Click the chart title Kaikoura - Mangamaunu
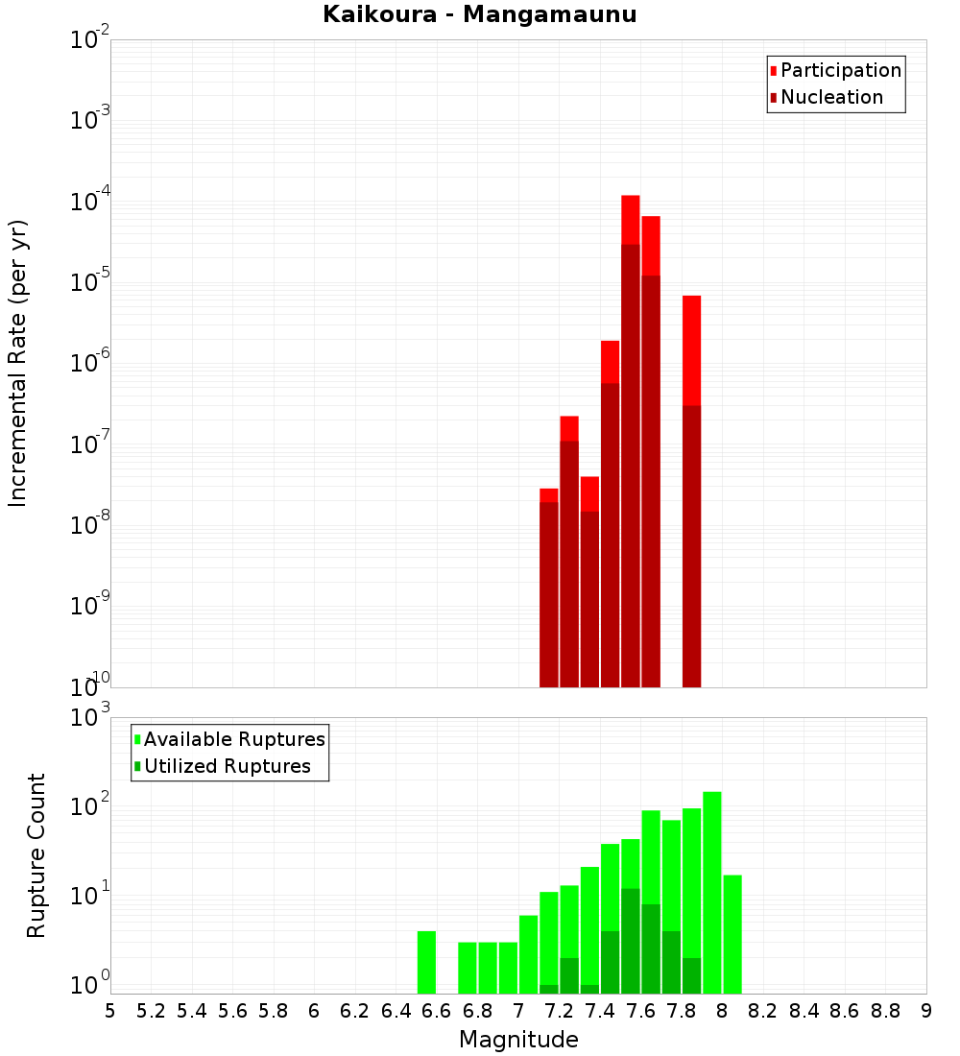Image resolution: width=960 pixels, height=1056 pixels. point(480,15)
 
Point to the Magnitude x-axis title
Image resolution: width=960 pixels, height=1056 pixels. point(518,1040)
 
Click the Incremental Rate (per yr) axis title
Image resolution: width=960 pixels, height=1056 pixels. point(18,363)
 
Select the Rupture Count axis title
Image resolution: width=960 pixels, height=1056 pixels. point(36,855)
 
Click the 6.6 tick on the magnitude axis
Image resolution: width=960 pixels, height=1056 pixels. point(437,1011)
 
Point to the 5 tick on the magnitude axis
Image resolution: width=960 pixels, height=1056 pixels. point(110,1011)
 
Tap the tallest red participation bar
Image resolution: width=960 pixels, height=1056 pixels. point(631,221)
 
